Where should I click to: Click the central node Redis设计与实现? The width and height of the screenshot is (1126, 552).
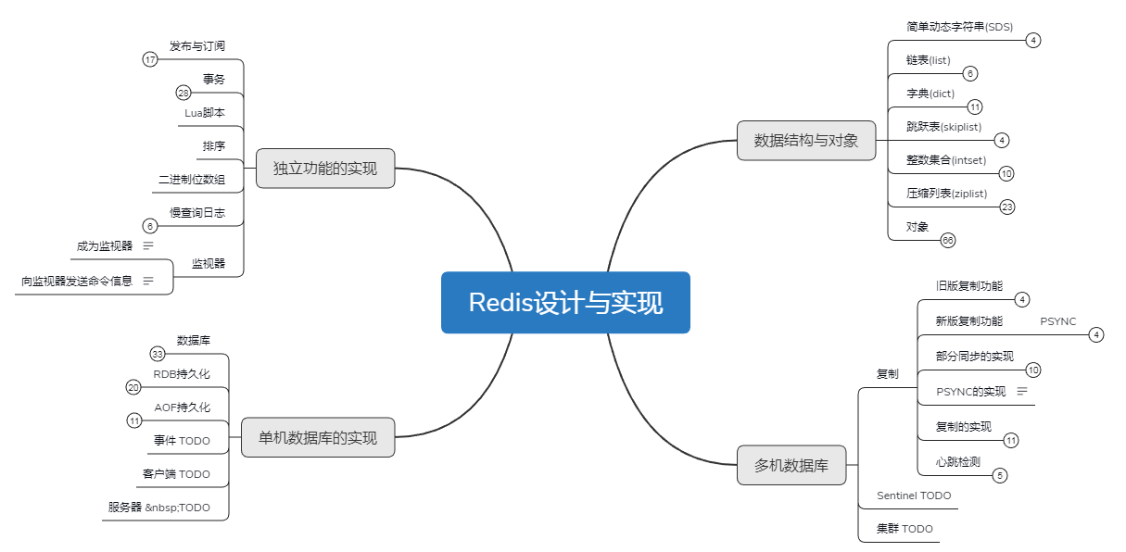click(565, 302)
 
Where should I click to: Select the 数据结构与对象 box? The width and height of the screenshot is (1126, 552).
click(806, 141)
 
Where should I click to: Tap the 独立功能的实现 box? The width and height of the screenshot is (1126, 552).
click(325, 169)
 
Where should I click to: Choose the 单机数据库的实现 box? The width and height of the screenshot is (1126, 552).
click(318, 437)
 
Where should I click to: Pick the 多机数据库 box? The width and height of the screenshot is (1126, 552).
click(791, 465)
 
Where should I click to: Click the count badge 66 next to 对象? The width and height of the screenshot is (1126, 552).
click(947, 241)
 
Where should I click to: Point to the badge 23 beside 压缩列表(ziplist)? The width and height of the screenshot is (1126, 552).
click(1006, 207)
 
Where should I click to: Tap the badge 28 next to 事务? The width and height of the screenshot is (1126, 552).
click(183, 93)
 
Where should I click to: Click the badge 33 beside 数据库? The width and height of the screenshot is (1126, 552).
click(158, 354)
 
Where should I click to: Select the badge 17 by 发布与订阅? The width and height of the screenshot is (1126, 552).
click(150, 60)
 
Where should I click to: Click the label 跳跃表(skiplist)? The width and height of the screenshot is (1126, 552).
click(943, 127)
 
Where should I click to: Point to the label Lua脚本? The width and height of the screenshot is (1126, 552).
click(205, 113)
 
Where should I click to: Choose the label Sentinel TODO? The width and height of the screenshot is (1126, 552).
click(914, 496)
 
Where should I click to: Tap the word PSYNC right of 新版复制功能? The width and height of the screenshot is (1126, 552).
click(1057, 321)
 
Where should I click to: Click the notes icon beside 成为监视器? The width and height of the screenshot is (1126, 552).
click(147, 245)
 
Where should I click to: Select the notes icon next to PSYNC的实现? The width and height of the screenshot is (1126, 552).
click(1022, 391)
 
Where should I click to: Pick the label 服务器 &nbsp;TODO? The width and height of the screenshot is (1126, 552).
click(158, 508)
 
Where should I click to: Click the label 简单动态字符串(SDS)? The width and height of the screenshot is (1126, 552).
click(959, 27)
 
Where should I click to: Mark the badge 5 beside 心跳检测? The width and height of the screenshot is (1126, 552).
click(1000, 476)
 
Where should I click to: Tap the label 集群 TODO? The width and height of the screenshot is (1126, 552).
click(905, 529)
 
